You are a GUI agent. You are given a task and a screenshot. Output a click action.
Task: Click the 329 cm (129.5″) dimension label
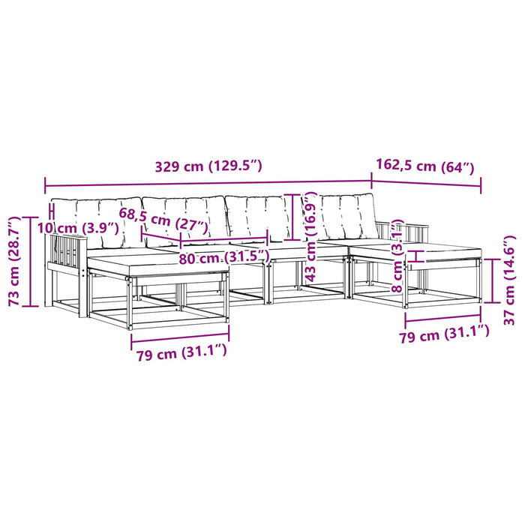(208, 166)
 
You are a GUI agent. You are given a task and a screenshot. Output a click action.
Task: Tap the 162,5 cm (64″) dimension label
(425, 166)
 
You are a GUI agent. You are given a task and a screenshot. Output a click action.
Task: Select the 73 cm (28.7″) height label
(15, 261)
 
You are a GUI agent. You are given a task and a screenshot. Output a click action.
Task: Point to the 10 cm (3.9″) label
(78, 228)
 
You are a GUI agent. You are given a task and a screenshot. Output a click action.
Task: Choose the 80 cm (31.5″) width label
(224, 258)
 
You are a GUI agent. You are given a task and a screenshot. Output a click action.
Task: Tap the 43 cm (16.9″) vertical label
(310, 236)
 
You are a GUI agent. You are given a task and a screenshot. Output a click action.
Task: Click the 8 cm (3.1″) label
(397, 256)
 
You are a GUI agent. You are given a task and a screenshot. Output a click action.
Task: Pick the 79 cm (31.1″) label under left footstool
(181, 352)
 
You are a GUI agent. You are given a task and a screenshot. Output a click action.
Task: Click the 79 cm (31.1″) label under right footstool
(445, 334)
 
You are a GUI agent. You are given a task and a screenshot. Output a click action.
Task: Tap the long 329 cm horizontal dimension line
(208, 183)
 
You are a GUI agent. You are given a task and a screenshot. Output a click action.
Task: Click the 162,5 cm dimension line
(426, 184)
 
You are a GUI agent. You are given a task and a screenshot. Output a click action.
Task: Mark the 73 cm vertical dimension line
(30, 262)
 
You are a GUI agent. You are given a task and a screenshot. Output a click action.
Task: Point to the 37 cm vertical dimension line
(492, 280)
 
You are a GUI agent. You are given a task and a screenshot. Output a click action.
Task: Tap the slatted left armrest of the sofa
(66, 254)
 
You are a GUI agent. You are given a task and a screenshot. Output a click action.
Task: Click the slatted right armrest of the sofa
(402, 232)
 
